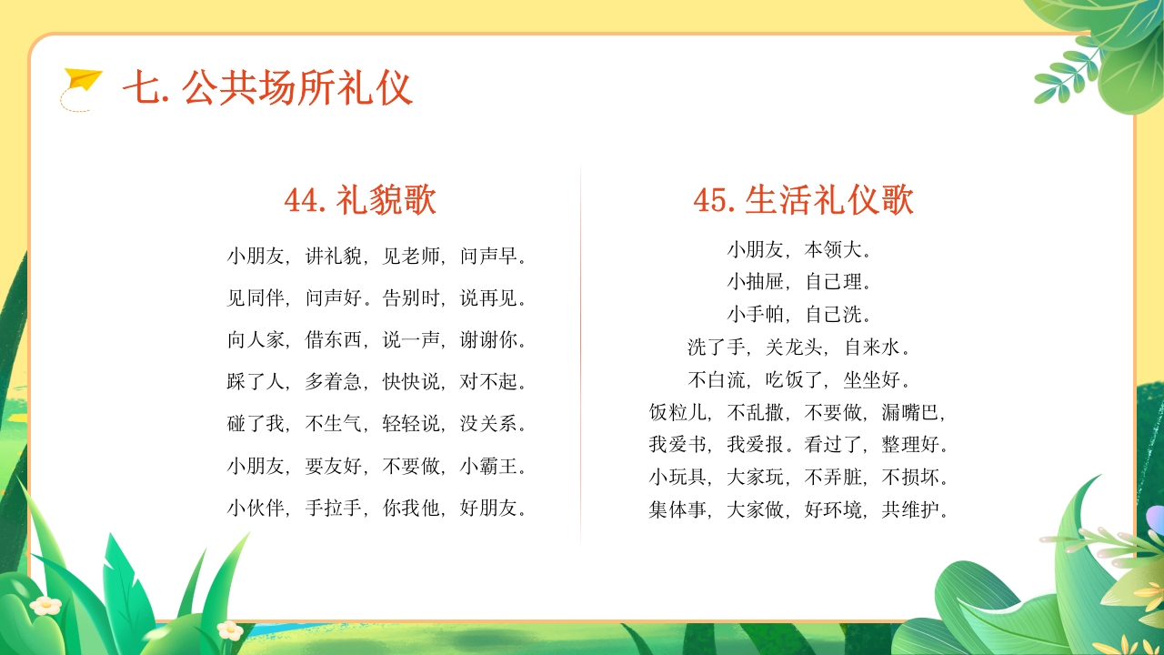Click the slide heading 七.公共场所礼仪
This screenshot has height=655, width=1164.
point(267,88)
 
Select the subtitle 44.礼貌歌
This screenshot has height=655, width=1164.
point(360,200)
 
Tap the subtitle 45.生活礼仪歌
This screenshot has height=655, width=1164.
point(803,200)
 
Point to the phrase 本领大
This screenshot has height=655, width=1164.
point(834,249)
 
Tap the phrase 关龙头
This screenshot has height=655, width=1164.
point(795,348)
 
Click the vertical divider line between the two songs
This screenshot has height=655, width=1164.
point(580,355)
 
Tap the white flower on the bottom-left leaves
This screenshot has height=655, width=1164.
point(45,604)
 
